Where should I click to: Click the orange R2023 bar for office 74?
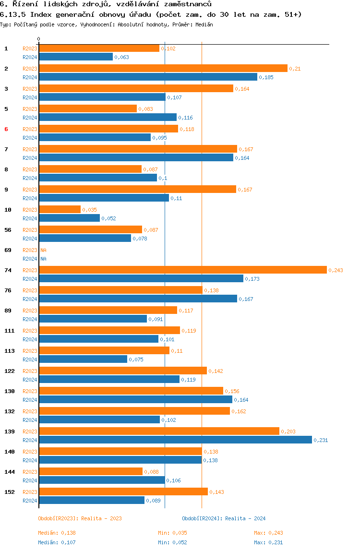(183, 270)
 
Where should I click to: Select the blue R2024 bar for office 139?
(175, 440)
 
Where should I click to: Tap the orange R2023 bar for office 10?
(60, 209)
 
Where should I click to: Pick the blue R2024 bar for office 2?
(148, 77)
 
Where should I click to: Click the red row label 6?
(6, 129)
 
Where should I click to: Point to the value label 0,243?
(336, 270)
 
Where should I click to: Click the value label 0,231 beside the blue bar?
(321, 440)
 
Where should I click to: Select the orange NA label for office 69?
(43, 250)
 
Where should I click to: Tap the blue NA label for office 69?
(43, 259)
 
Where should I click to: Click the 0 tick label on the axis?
(39, 39)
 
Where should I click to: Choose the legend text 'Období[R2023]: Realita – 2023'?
(80, 518)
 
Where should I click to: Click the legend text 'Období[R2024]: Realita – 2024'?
(224, 518)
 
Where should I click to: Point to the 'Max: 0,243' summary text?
(268, 533)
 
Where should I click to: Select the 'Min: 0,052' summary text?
(172, 542)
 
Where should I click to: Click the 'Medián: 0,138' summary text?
(57, 533)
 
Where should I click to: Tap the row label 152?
(10, 492)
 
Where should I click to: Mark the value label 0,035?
(89, 210)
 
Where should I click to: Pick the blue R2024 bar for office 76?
(138, 299)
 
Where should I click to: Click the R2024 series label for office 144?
(30, 480)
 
